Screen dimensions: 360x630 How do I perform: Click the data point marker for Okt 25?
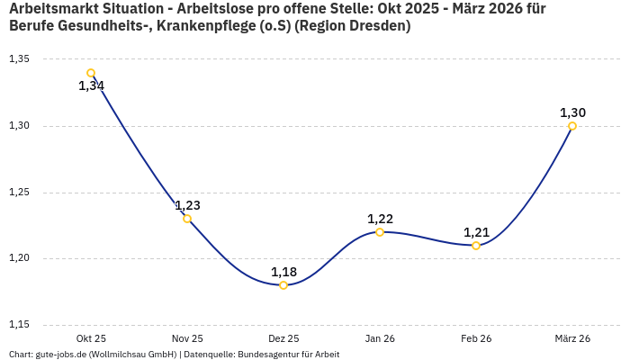click(91, 73)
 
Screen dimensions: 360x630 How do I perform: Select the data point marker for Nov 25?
click(187, 219)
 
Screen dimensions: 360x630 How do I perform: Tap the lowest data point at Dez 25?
click(283, 285)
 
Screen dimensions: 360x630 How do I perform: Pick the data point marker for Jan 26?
click(380, 232)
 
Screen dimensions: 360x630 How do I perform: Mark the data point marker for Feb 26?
click(476, 246)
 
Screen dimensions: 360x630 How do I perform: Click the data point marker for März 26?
click(572, 126)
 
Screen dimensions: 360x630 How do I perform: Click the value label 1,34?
click(91, 86)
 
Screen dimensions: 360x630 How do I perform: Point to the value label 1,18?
click(283, 272)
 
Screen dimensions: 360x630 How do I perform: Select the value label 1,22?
click(380, 219)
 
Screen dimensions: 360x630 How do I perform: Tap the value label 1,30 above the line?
click(572, 112)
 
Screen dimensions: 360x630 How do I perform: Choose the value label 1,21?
click(476, 232)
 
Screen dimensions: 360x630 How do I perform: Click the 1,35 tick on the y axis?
click(19, 59)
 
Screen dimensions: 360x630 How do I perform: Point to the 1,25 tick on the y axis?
click(19, 193)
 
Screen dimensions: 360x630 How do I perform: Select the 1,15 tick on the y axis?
click(19, 325)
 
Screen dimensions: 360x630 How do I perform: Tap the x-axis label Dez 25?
click(283, 338)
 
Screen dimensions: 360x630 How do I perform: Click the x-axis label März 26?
click(572, 338)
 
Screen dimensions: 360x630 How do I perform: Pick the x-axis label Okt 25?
click(91, 338)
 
